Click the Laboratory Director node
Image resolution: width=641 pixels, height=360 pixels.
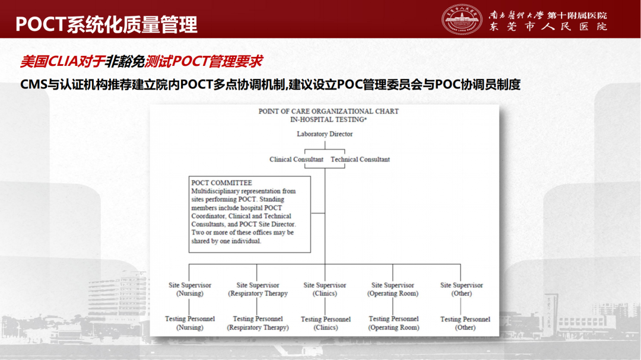[x=325, y=134]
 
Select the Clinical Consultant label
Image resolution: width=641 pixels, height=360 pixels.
[x=296, y=160]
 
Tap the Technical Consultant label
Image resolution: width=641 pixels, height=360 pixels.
[x=360, y=160]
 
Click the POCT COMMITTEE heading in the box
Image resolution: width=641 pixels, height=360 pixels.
[x=221, y=183]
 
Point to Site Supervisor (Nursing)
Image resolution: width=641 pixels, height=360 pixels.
[x=190, y=289]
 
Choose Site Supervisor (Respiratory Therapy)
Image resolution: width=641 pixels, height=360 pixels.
[x=258, y=289]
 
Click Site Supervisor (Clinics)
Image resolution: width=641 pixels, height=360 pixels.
[x=325, y=289]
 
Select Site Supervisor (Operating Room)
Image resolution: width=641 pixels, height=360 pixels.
[x=393, y=289]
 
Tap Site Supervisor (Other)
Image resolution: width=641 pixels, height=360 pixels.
[x=462, y=289]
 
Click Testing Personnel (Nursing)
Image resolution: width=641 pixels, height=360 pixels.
[x=190, y=323]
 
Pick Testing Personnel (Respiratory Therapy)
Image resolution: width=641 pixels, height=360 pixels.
[x=258, y=323]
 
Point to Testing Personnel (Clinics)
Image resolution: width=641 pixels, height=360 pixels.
[x=325, y=323]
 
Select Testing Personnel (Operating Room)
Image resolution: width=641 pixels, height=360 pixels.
[x=394, y=323]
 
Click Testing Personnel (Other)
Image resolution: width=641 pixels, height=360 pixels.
[x=465, y=323]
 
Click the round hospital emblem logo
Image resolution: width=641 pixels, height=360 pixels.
[x=462, y=19]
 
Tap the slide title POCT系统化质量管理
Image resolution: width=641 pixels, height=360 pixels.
[x=106, y=24]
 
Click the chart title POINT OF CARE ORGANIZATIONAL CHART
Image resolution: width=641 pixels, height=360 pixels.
[x=328, y=111]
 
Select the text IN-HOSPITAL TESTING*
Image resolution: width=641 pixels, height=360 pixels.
[x=328, y=119]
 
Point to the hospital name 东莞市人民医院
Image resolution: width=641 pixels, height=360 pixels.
[x=548, y=27]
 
